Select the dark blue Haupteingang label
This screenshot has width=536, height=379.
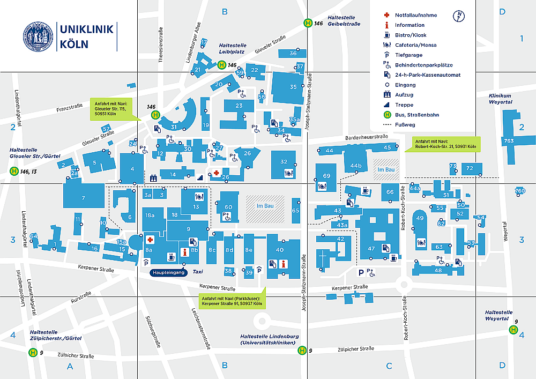(168, 272)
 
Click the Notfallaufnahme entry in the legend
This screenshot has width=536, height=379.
(416, 15)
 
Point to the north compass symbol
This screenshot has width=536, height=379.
(459, 16)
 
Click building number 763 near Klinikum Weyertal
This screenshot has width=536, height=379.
(509, 141)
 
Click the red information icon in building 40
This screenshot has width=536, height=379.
(283, 263)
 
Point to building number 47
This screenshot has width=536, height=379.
(371, 248)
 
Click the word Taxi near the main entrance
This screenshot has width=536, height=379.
(198, 272)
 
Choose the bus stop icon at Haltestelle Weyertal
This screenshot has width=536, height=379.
(513, 329)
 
